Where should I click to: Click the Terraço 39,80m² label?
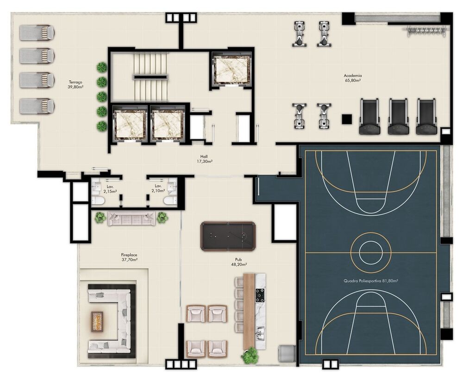coord(75,84)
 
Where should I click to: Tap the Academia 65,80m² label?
coord(352,78)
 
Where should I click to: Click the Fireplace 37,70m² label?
coord(129,257)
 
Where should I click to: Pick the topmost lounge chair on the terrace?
coord(37,32)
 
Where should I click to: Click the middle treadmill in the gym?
coord(398,116)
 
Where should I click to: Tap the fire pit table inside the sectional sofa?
coord(97,320)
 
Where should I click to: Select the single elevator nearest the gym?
coord(231,68)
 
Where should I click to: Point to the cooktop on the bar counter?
coord(260,295)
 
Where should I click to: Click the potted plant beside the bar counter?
coord(250,355)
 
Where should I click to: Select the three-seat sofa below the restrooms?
coord(131,218)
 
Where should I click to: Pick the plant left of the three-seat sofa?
coord(100,217)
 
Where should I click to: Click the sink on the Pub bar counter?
coord(260,331)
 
